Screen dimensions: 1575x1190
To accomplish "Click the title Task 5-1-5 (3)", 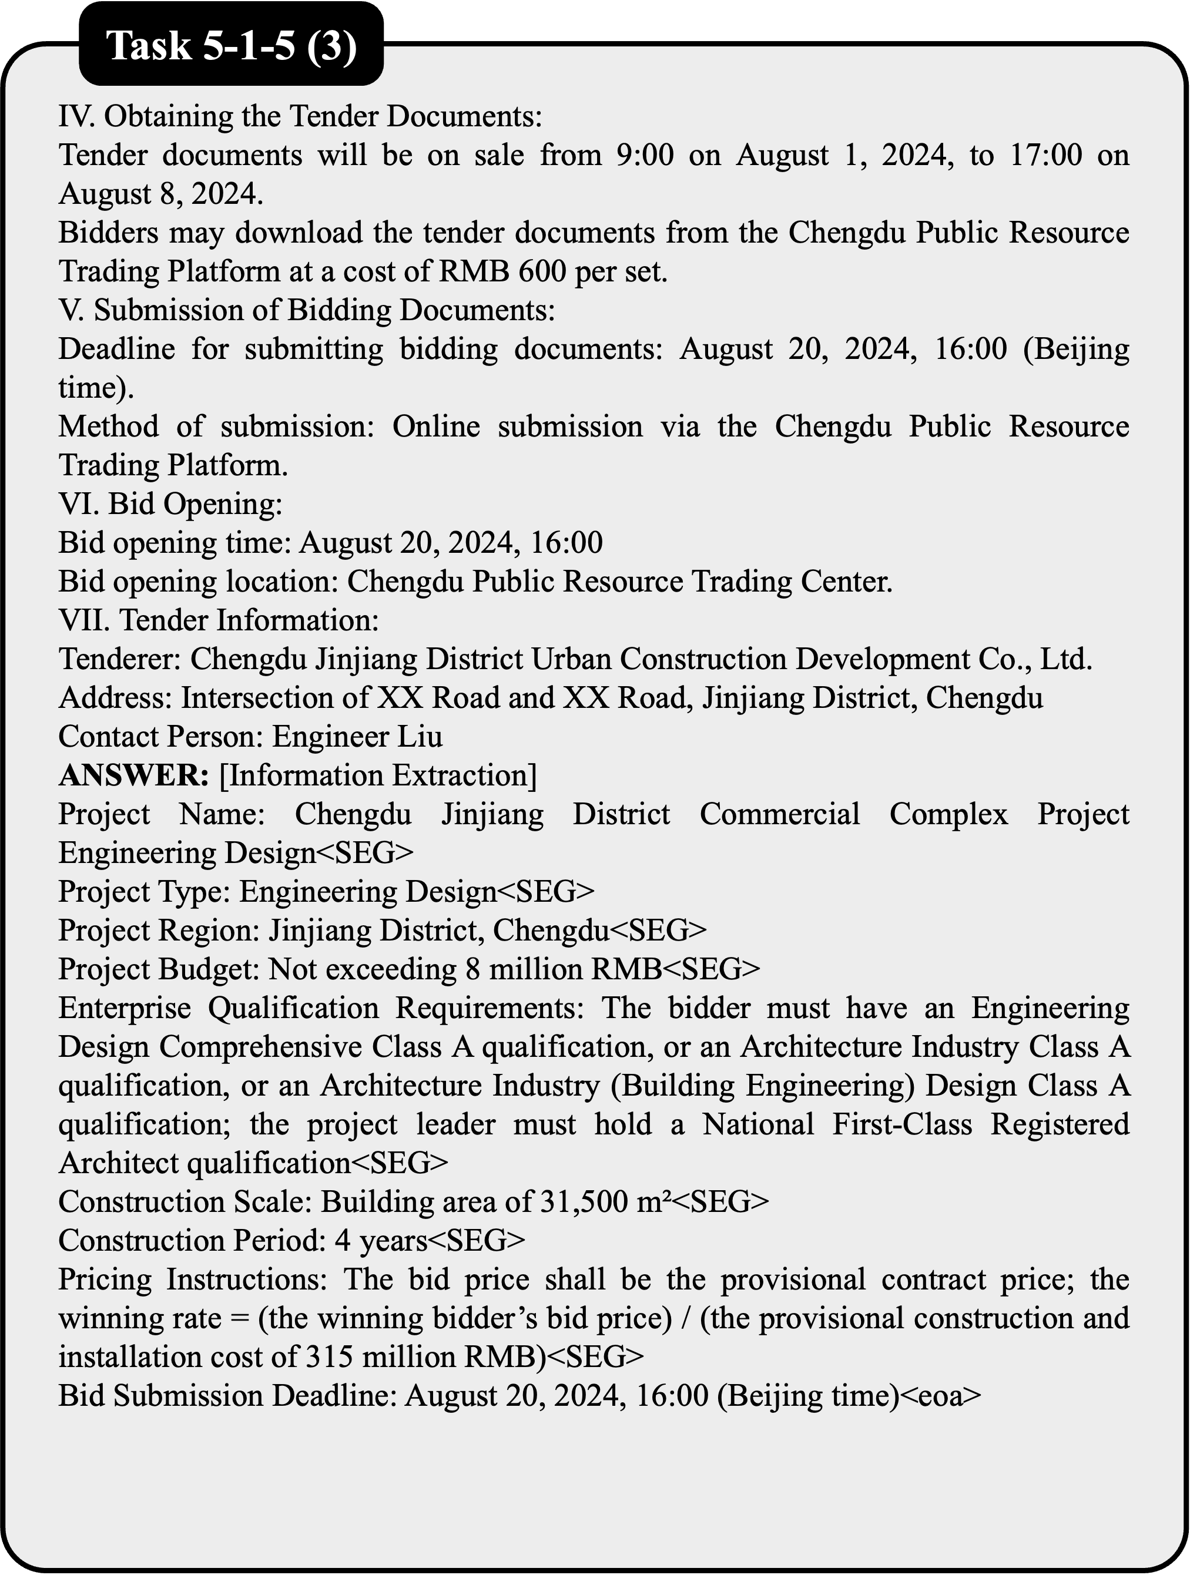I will pos(231,48).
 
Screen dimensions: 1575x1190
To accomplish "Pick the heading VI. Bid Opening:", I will pos(171,504).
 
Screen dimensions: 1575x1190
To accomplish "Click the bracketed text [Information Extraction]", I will pos(378,775).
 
